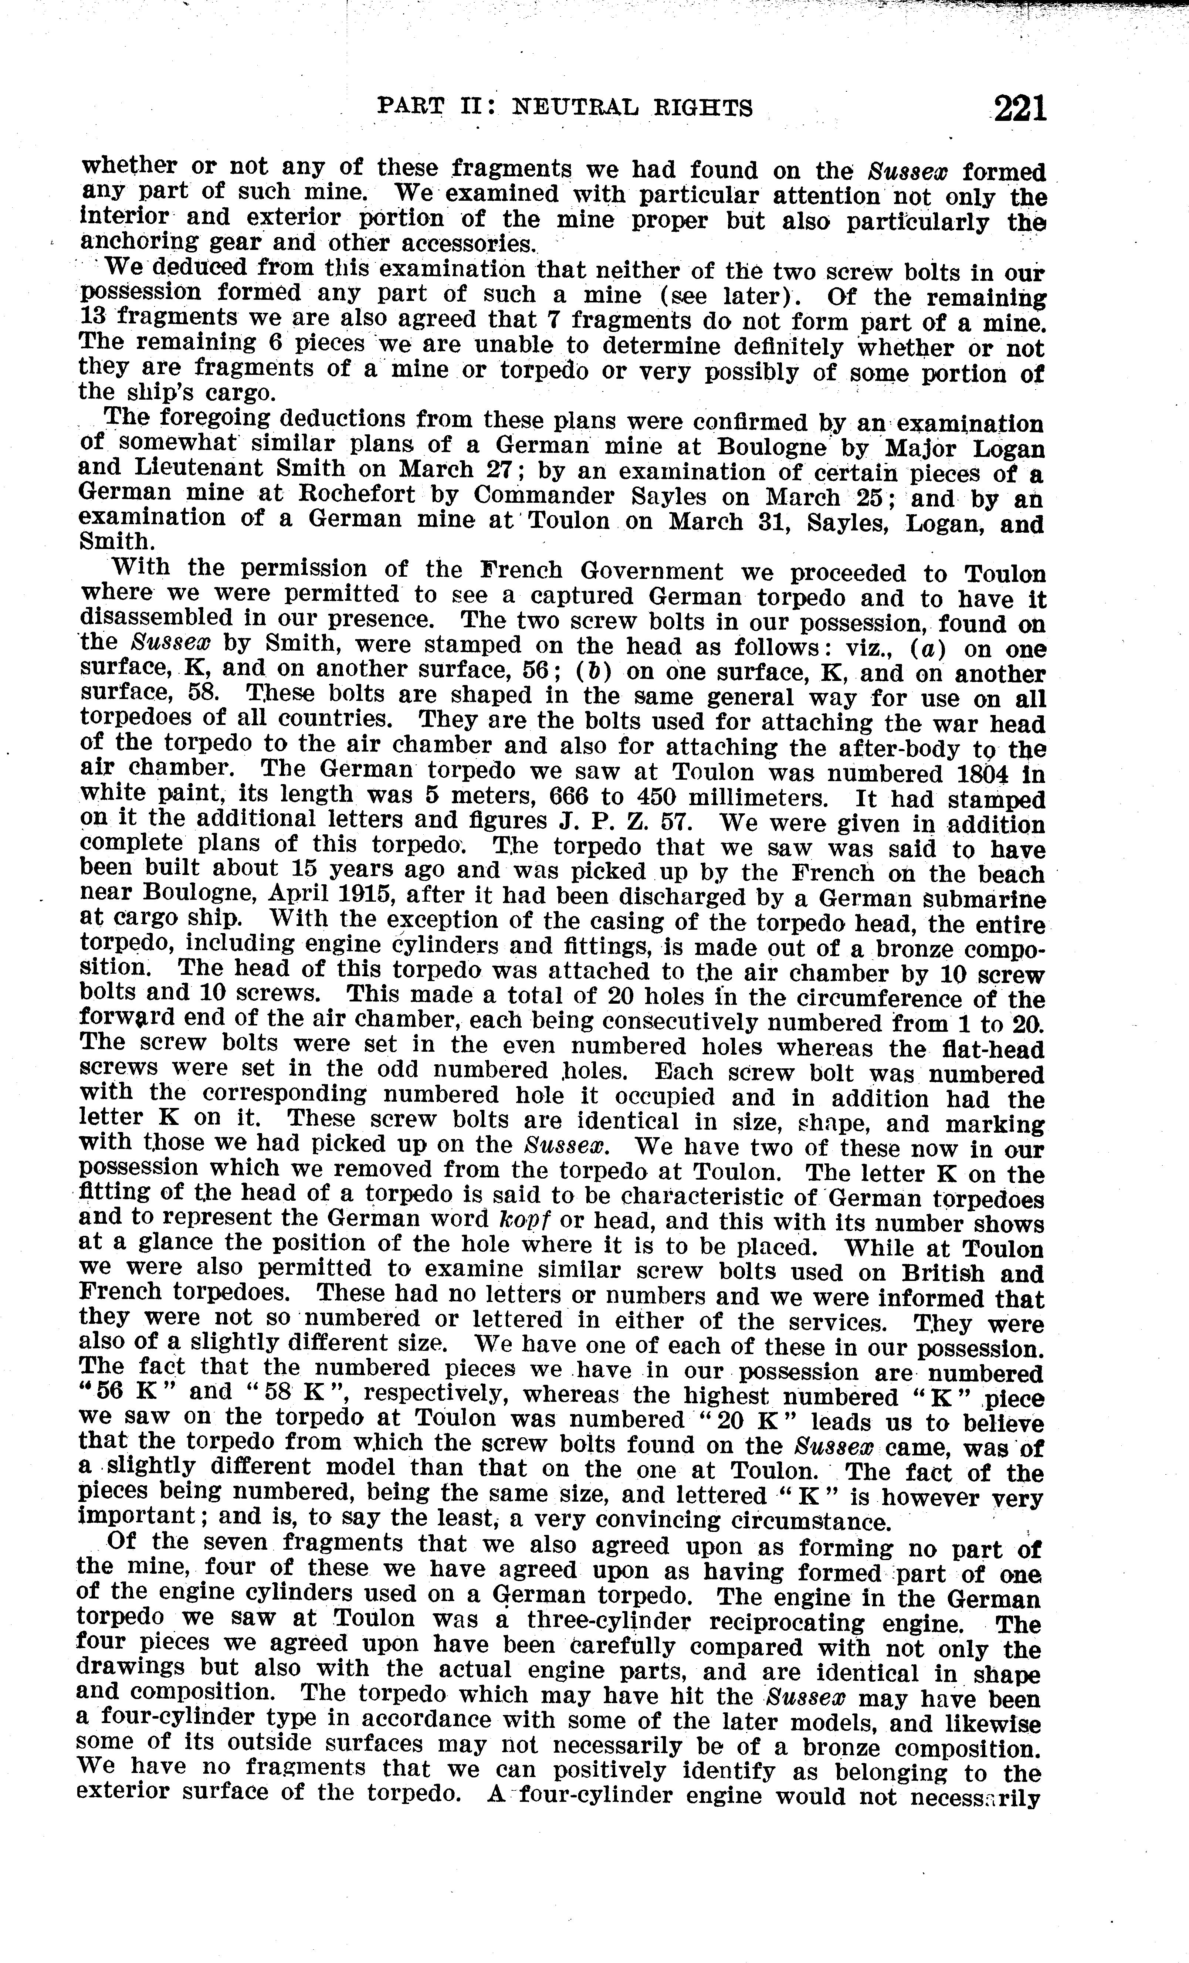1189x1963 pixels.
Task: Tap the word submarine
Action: pyautogui.click(x=983, y=899)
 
